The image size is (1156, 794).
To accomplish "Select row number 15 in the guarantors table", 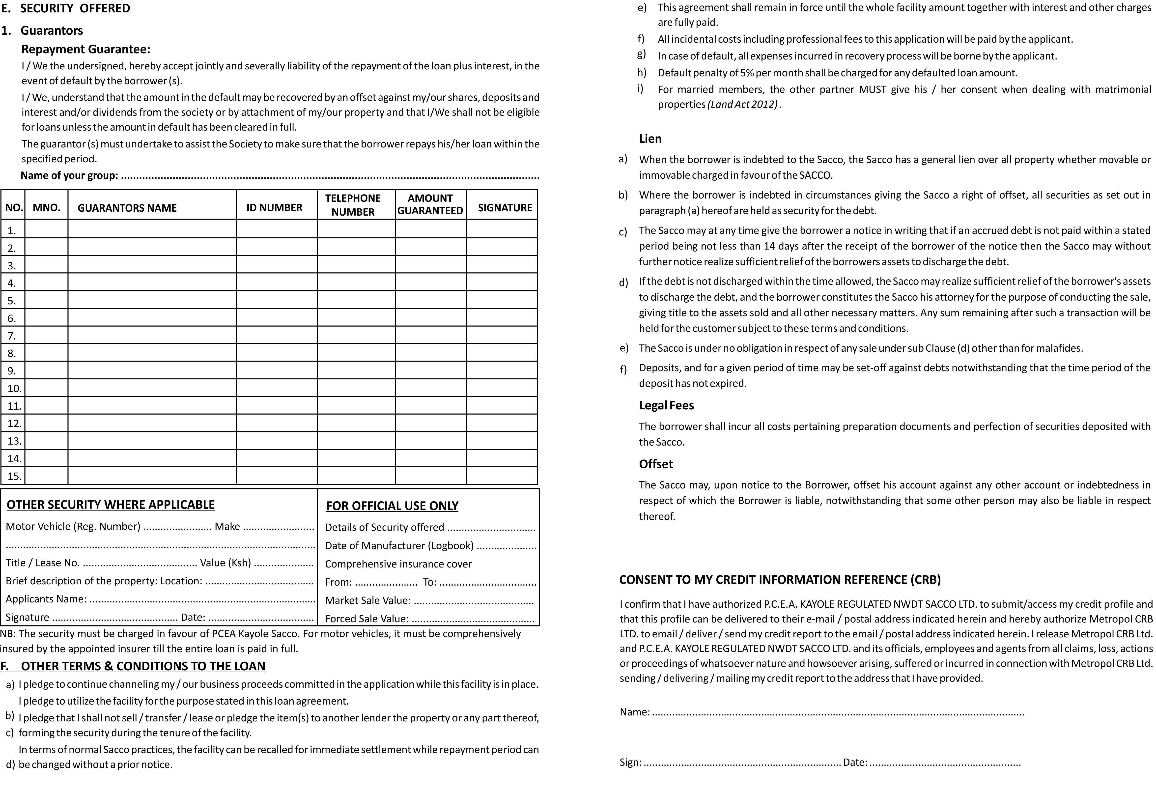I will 14,476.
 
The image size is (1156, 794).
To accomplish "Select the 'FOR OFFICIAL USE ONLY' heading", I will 392,506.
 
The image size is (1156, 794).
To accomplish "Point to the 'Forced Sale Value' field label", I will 367,619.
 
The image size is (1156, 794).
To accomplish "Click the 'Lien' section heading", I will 650,139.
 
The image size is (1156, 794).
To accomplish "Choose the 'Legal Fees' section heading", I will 666,405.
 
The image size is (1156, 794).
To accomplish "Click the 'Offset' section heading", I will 656,464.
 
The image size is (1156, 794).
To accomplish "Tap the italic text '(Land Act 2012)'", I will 742,105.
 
